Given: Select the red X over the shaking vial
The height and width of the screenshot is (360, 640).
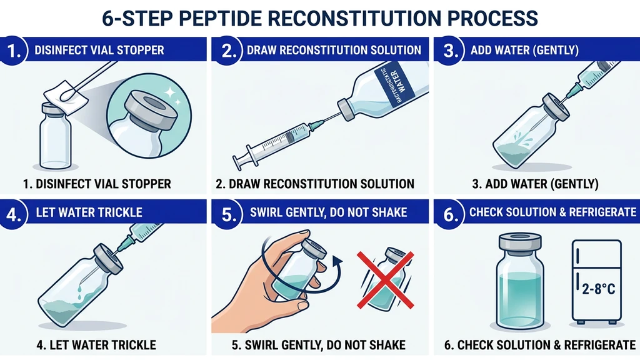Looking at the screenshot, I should coord(382,281).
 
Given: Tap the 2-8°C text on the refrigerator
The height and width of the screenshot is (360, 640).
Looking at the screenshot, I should coord(597,288).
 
